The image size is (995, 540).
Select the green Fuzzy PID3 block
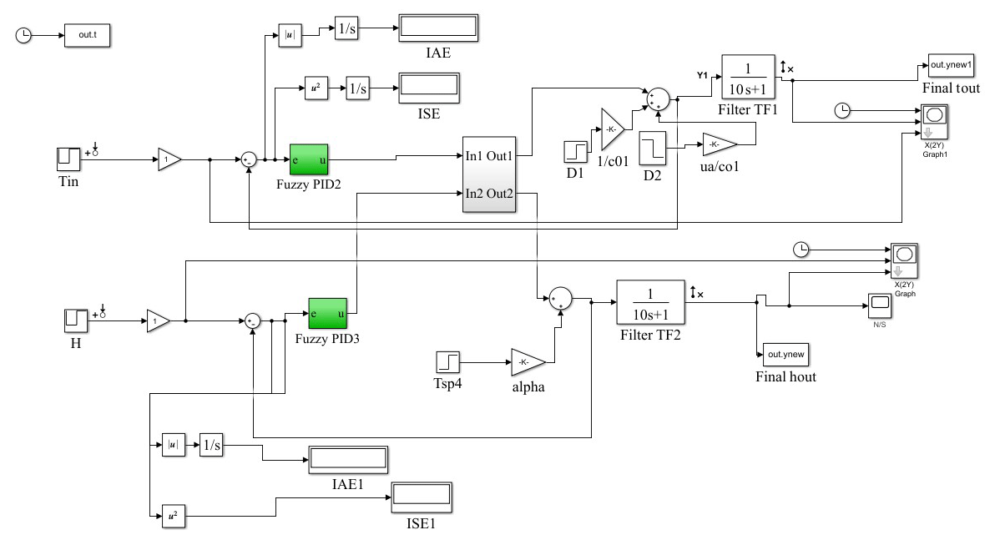tap(326, 314)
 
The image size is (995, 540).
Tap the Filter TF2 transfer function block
tap(650, 301)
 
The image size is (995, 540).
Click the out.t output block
tap(87, 36)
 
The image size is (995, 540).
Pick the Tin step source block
tap(67, 158)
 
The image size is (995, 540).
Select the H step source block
tap(75, 320)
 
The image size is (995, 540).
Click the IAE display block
tap(437, 28)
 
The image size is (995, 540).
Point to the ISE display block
tap(427, 87)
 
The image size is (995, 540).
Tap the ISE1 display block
tap(421, 497)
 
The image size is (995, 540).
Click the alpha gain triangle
tap(526, 361)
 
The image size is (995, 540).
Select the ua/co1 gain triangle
tap(719, 144)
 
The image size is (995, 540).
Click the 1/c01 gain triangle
tap(611, 129)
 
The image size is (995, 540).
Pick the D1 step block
tap(576, 152)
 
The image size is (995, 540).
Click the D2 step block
tap(651, 147)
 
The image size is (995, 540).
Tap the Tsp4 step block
tap(447, 362)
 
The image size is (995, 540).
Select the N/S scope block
tap(880, 305)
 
